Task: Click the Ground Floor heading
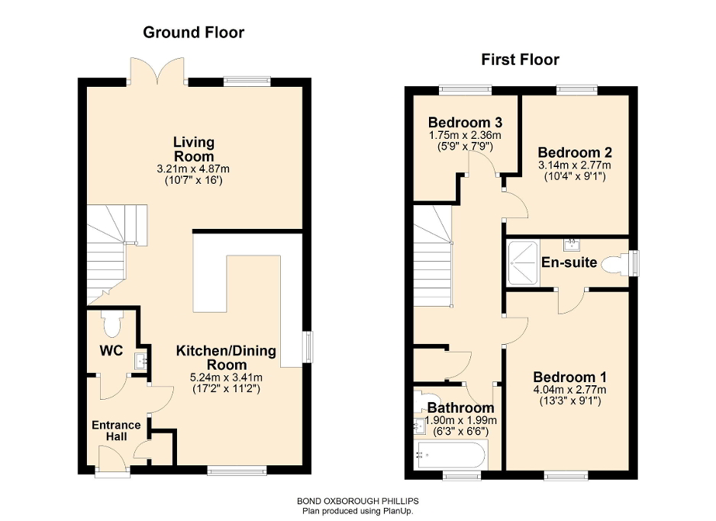194,32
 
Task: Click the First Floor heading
520,59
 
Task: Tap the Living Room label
194,149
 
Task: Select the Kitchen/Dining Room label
226,358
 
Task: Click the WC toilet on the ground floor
111,325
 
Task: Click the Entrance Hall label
116,431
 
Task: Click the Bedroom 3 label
464,122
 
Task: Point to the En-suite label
569,263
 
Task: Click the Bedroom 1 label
569,377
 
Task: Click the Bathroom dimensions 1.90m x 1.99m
461,420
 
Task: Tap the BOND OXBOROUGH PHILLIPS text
358,500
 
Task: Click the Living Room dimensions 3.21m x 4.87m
194,170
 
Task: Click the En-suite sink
569,245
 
